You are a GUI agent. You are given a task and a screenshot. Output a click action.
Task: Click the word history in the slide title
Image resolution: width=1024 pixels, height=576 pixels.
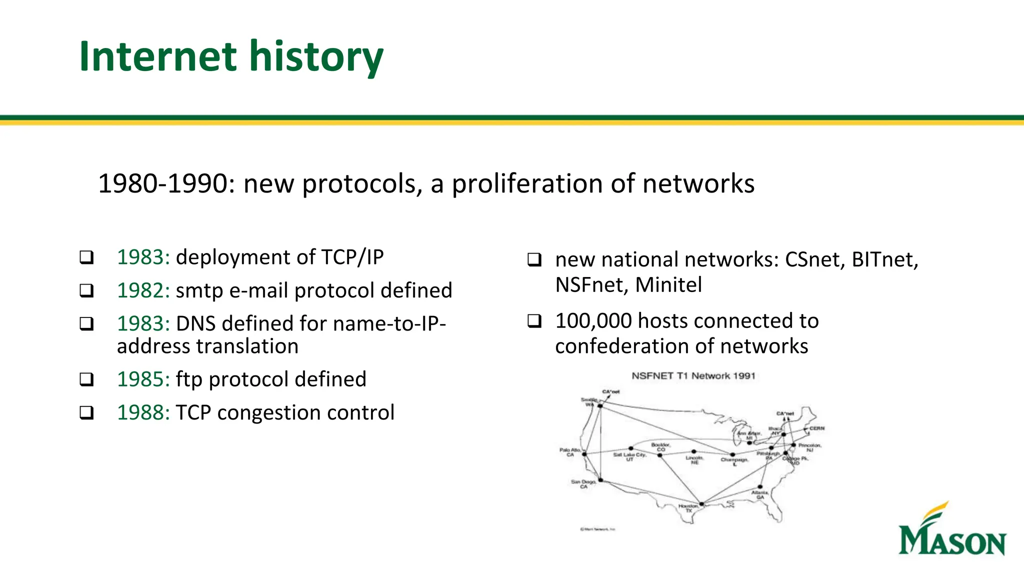pos(316,57)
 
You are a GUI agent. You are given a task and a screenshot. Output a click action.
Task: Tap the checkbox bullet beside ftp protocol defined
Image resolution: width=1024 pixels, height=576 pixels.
pos(86,379)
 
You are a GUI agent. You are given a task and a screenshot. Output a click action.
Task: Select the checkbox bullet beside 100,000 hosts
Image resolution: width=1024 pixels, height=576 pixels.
pos(534,321)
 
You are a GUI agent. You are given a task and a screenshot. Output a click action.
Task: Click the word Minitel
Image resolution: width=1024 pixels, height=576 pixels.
pos(668,285)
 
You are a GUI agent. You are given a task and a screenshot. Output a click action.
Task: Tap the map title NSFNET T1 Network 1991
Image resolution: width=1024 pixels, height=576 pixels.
pos(693,376)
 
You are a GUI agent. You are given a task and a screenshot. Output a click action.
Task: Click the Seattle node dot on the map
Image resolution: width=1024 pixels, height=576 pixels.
pos(600,406)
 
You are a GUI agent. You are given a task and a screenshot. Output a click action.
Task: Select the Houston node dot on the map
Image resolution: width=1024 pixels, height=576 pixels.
pos(701,503)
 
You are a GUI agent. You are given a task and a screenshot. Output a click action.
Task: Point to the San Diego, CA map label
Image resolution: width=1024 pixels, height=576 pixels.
pos(583,483)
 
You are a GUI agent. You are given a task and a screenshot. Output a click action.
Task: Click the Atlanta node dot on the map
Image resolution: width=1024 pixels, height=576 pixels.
pos(760,486)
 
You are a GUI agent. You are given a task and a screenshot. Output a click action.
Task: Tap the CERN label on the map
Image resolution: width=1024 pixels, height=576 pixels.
pos(816,428)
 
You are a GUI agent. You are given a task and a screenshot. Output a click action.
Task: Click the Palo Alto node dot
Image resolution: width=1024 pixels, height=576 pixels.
pos(584,454)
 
